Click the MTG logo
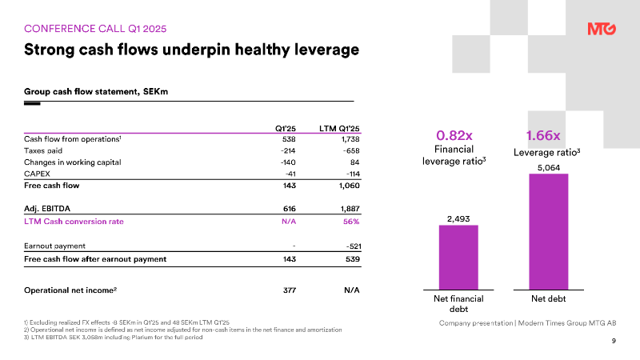[x=602, y=29]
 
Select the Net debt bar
[x=549, y=232]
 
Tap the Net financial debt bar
[x=458, y=258]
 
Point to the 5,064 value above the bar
[x=549, y=168]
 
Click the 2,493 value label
[x=458, y=218]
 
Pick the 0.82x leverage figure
[x=454, y=135]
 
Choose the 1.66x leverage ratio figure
[x=543, y=135]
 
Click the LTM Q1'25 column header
[x=339, y=129]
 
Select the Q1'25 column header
[x=286, y=129]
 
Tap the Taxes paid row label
[x=43, y=150]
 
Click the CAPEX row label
[x=37, y=174]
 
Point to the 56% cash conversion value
[x=351, y=222]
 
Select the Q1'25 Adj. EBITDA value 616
[x=290, y=209]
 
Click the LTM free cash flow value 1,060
[x=350, y=186]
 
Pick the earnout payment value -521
[x=353, y=246]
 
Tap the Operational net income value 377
[x=290, y=290]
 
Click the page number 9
[x=614, y=341]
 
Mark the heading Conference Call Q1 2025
[x=95, y=29]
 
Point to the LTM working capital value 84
[x=354, y=162]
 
